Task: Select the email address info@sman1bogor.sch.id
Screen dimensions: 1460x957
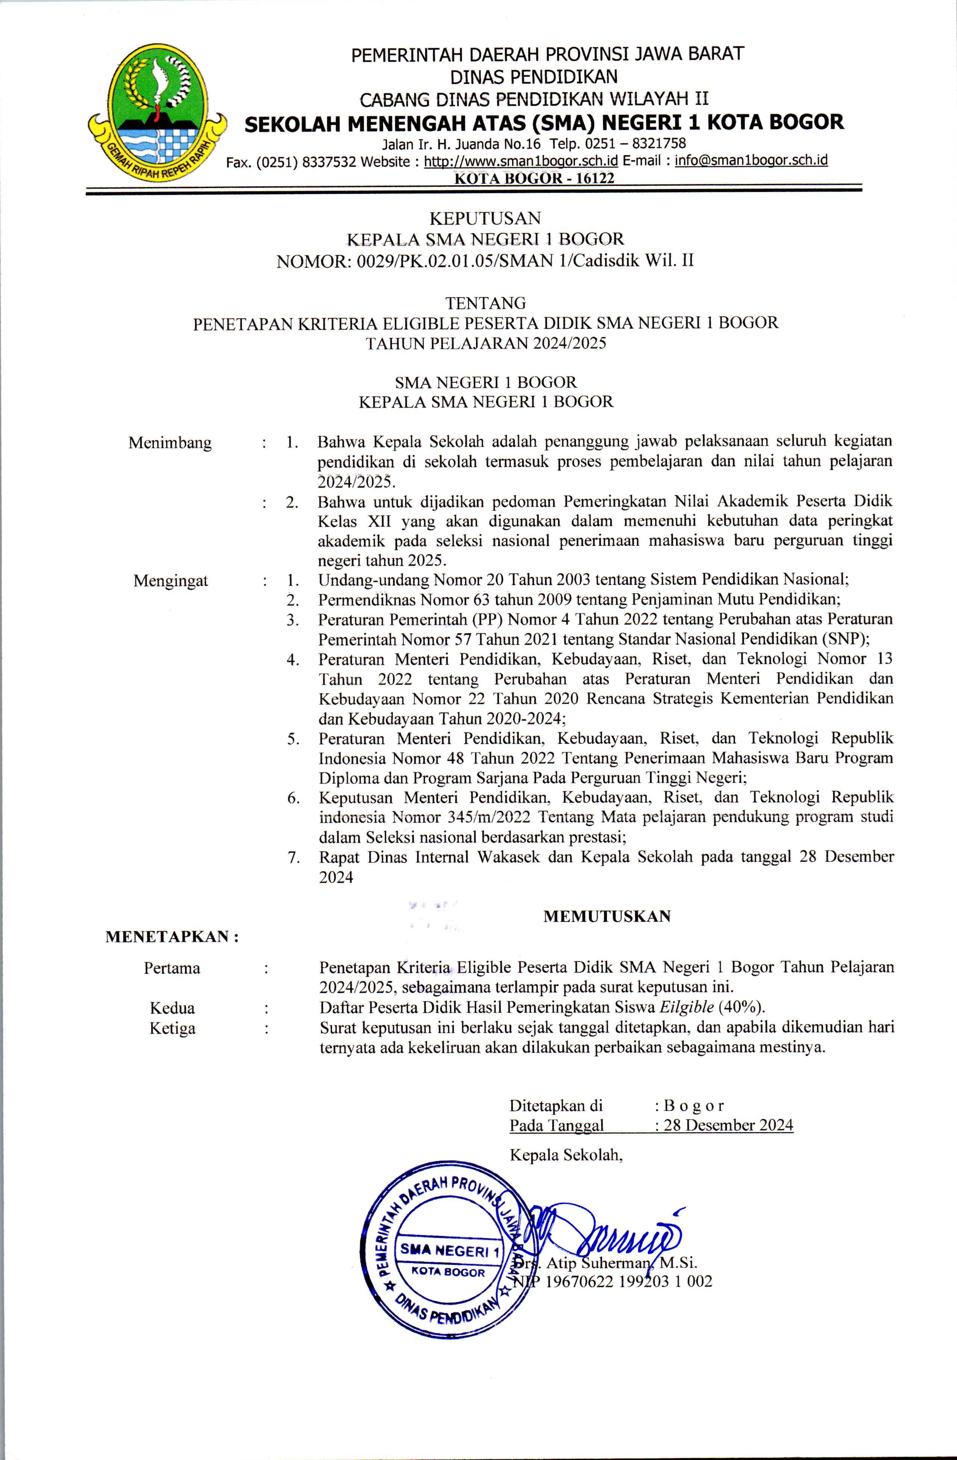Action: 751,161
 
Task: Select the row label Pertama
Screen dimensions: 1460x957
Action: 172,968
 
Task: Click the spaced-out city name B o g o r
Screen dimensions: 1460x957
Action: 694,1105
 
